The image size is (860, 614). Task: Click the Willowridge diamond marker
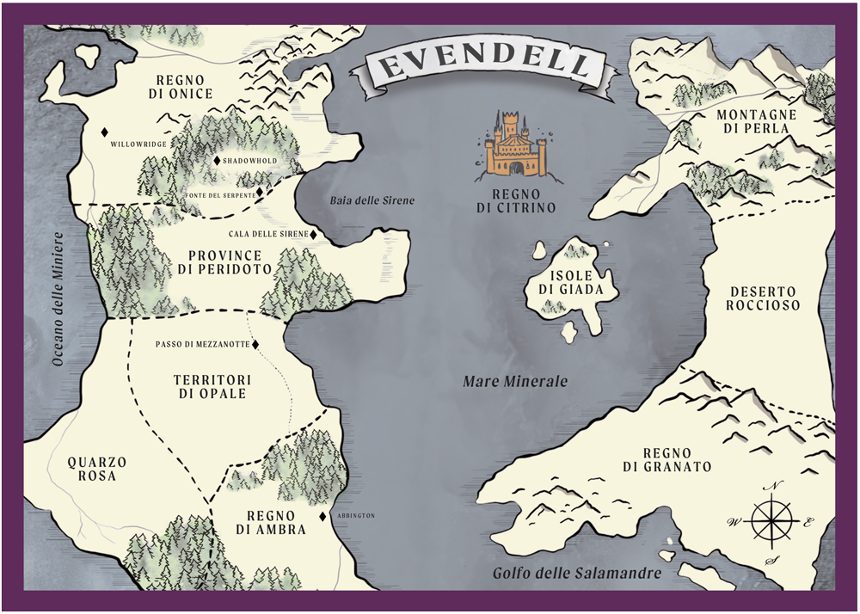(104, 132)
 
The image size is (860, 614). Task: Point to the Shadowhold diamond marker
(217, 161)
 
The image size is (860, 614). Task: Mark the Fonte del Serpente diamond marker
(261, 192)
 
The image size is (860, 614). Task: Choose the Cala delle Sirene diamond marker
(313, 234)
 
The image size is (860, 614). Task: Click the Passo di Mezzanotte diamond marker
(255, 345)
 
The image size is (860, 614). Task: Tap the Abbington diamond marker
(322, 516)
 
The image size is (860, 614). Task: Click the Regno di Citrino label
(519, 200)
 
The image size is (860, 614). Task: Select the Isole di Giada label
(565, 283)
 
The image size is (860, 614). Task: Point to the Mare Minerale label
(515, 381)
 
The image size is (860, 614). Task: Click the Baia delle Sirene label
(372, 200)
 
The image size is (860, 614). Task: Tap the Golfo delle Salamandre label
(576, 574)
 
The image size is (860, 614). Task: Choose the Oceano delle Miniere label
(58, 299)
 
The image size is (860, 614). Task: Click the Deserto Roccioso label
(762, 298)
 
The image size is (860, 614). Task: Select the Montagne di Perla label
(757, 121)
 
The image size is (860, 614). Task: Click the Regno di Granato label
(678, 459)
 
